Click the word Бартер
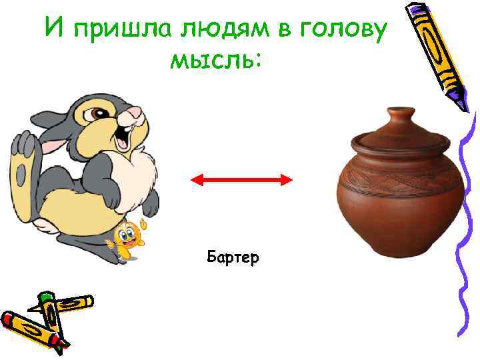point(233,256)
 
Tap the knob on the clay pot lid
point(401,113)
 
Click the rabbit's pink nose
point(135,113)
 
